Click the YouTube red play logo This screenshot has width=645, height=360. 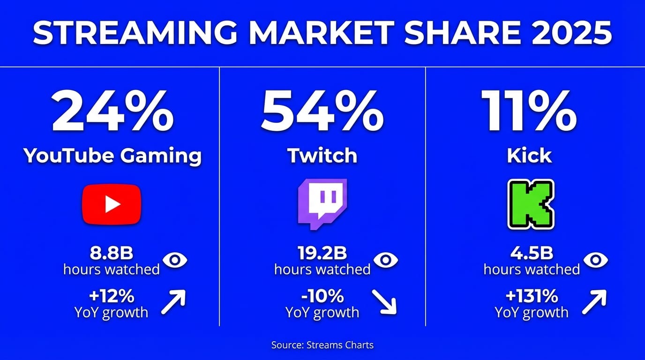click(112, 204)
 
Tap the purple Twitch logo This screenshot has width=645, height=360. click(322, 204)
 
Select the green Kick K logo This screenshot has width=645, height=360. click(531, 204)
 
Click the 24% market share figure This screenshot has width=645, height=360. click(113, 111)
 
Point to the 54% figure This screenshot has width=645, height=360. click(322, 111)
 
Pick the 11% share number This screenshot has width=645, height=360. click(529, 111)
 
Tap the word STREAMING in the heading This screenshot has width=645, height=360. click(135, 32)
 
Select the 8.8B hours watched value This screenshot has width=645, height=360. click(112, 253)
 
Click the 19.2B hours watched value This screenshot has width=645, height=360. click(322, 253)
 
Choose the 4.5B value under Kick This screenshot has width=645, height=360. click(532, 253)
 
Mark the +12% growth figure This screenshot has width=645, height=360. click(112, 296)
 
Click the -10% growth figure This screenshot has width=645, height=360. click(322, 296)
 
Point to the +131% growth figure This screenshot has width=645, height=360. click(532, 296)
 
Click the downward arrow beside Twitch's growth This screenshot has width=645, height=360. click(384, 302)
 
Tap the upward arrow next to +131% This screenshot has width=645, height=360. click(594, 302)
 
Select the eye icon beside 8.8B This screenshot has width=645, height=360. click(175, 260)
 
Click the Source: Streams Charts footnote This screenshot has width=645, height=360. click(322, 345)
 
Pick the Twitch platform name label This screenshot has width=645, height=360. click(322, 156)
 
